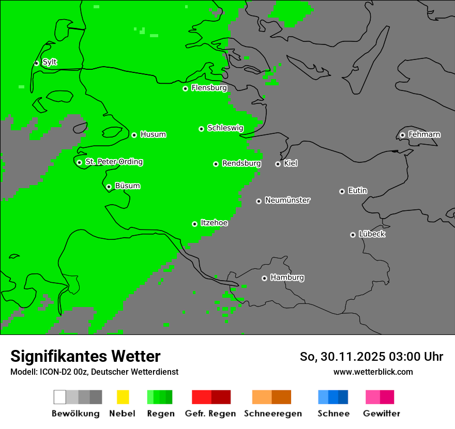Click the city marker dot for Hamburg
264,278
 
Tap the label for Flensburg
209,88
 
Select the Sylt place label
50,63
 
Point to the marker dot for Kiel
278,164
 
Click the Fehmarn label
424,134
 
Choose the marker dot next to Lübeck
353,235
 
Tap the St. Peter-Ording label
114,162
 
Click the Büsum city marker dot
109,187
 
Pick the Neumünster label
287,200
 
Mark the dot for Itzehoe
194,224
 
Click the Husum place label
153,134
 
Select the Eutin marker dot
342,191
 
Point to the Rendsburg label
241,163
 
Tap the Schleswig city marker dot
201,129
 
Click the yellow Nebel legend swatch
123,397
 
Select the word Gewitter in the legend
382,413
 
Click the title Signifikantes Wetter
85,356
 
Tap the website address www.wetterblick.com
373,372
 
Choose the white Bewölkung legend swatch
59,397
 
